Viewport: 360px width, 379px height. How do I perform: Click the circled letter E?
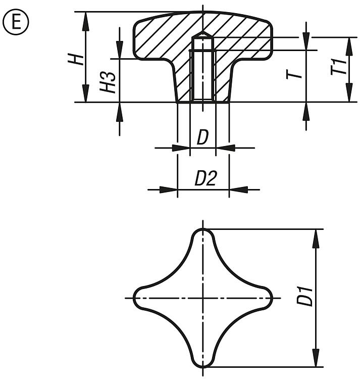pos(16,22)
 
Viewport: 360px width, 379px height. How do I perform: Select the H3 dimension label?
pos(108,82)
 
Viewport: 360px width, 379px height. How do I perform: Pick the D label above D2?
pos(202,137)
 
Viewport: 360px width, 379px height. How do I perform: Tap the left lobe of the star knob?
pos(145,298)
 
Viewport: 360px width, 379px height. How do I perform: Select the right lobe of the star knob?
pos(261,298)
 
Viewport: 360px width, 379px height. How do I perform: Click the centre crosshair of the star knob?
pos(203,298)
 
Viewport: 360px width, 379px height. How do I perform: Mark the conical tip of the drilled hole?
pos(202,34)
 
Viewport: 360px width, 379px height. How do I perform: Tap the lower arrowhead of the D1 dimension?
pos(316,357)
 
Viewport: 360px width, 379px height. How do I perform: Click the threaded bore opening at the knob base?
pos(203,101)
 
